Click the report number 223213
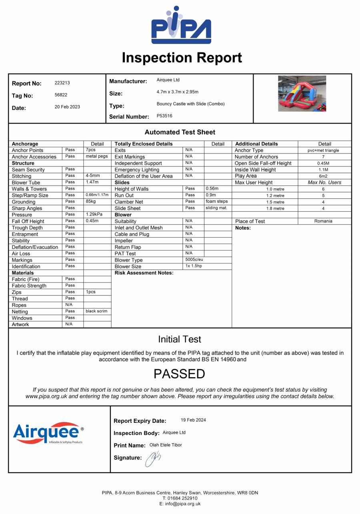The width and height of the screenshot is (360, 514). tap(62, 83)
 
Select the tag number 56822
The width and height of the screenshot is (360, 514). tap(61, 95)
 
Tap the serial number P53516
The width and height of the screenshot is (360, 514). tap(164, 116)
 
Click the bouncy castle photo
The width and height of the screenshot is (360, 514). tap(302, 94)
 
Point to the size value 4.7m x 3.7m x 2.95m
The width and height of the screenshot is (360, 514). tap(178, 92)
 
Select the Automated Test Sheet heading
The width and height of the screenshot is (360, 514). tap(180, 132)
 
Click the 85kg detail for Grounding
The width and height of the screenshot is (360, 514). tap(91, 202)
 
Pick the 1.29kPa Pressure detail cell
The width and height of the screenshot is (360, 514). tap(93, 214)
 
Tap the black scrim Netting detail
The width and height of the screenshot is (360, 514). tap(96, 311)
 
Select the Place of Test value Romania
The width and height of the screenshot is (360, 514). tap(323, 221)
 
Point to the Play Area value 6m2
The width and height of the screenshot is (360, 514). tap(323, 176)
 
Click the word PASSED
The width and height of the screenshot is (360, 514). tap(179, 374)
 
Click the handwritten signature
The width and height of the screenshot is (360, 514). tap(153, 458)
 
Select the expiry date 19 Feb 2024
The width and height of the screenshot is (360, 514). tap(193, 420)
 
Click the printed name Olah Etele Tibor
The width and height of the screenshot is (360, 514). tap(166, 445)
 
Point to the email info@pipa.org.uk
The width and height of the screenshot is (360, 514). tap(180, 504)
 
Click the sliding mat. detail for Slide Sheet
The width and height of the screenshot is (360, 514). tap(217, 208)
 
